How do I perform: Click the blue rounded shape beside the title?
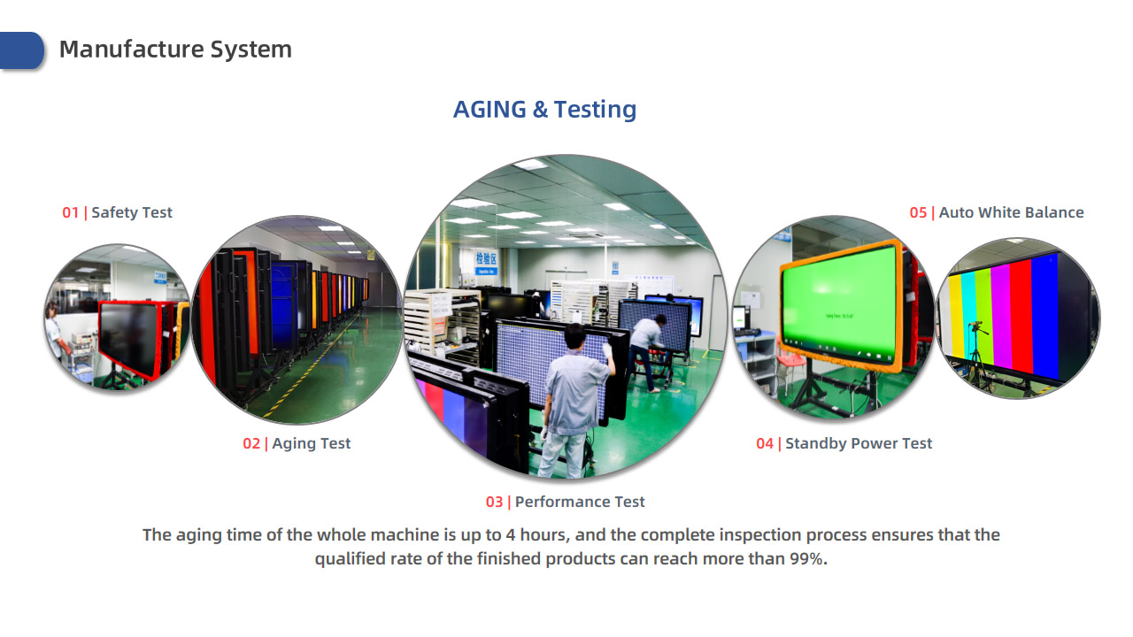[x=21, y=50]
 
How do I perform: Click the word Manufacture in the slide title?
[x=132, y=50]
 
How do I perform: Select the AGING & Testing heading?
[x=544, y=109]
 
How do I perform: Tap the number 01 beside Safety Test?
[x=70, y=212]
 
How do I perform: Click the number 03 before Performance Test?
[x=494, y=502]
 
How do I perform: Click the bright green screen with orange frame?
[x=841, y=303]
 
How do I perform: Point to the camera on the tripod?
[x=976, y=325]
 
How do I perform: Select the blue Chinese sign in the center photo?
[x=486, y=261]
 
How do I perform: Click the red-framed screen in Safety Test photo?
[x=130, y=338]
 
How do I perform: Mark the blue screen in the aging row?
[x=284, y=305]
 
